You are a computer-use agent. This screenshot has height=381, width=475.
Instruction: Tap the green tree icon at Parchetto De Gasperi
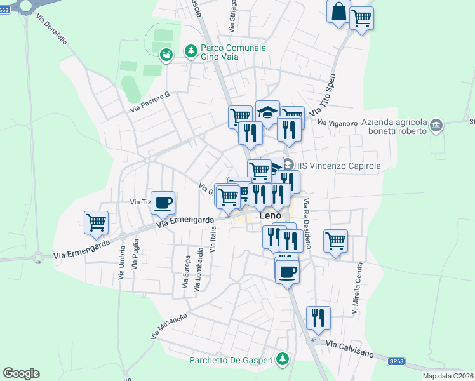tap(284, 360)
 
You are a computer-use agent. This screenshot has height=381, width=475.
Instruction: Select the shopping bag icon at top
tap(338, 11)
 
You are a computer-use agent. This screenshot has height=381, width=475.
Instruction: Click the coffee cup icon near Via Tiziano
tap(163, 203)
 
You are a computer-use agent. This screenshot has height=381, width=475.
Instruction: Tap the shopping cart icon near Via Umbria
tap(96, 222)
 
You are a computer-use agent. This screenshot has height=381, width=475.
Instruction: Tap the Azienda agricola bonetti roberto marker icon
tap(436, 125)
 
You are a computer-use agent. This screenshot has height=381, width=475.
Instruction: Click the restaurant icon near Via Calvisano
tap(318, 317)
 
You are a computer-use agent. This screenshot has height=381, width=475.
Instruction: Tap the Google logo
tap(21, 373)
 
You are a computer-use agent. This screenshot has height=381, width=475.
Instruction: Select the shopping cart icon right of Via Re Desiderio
tap(335, 241)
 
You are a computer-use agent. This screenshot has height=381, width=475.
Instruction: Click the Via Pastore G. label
tap(151, 102)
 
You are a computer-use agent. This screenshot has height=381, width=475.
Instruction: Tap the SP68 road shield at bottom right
tap(396, 361)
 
